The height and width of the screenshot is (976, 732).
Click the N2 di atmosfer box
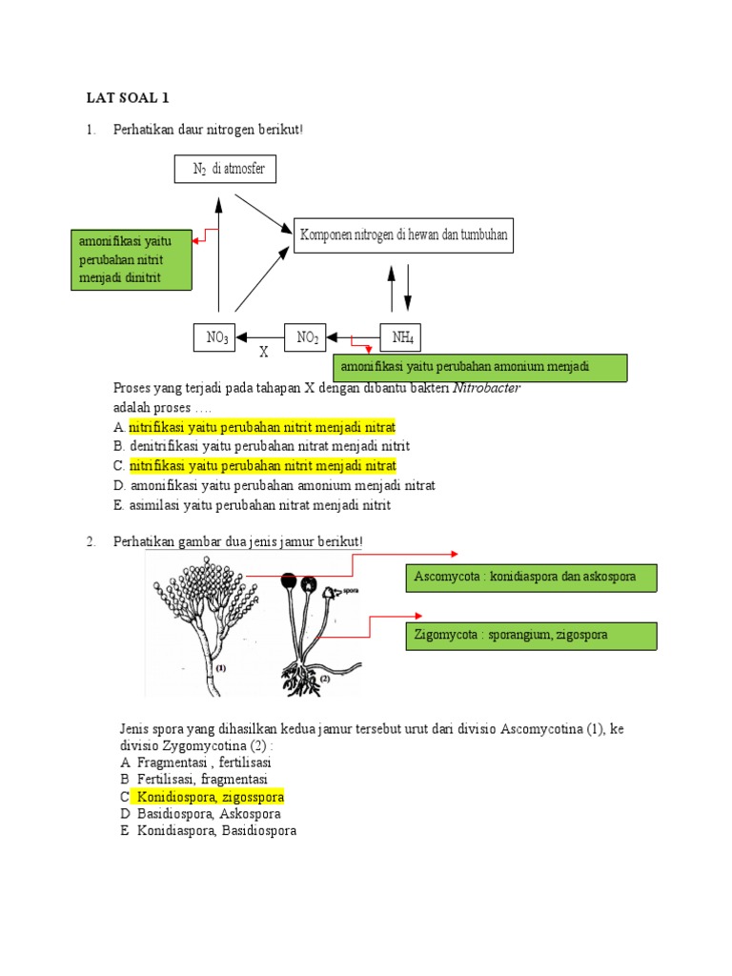pos(226,169)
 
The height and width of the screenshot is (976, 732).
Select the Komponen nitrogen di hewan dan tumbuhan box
pos(403,234)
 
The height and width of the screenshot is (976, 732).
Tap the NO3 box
pos(215,337)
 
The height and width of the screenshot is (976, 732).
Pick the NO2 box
pos(306,337)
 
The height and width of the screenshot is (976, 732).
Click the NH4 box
pos(400,337)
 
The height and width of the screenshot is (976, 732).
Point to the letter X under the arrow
pos(264,352)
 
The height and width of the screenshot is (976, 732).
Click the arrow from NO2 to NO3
pos(260,336)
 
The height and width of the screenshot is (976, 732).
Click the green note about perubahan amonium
pos(479,367)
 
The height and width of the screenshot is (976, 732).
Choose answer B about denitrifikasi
pos(261,446)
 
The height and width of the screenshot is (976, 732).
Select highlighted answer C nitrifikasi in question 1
pos(261,466)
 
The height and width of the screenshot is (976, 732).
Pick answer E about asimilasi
pos(252,505)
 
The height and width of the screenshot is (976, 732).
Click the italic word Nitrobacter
pos(486,389)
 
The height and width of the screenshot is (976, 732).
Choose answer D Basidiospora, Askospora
pos(208,814)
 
